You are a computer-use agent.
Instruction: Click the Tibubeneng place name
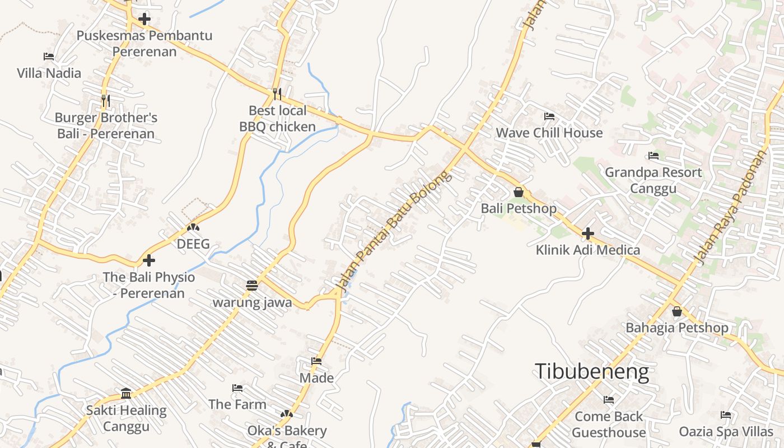(x=592, y=372)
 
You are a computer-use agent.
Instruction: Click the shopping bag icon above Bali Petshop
(x=519, y=192)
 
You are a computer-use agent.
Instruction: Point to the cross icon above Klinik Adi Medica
(x=587, y=233)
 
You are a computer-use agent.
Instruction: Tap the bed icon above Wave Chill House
(x=549, y=116)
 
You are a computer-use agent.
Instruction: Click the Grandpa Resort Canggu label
(x=653, y=180)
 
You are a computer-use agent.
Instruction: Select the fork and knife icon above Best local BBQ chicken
(x=277, y=94)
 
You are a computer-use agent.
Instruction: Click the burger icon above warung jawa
(x=252, y=286)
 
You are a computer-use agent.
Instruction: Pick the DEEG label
(x=193, y=244)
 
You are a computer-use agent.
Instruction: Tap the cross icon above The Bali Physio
(x=148, y=260)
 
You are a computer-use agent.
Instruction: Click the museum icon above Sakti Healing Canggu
(x=126, y=393)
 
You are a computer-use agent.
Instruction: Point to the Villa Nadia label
(x=49, y=73)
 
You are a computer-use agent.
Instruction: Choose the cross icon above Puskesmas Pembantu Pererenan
(x=144, y=19)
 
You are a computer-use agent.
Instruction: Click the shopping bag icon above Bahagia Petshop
(x=677, y=311)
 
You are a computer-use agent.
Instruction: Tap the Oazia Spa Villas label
(x=726, y=432)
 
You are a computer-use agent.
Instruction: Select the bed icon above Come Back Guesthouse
(x=609, y=400)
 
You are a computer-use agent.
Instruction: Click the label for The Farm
(x=237, y=404)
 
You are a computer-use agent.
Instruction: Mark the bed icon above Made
(x=316, y=361)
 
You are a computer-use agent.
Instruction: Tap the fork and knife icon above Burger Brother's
(x=106, y=101)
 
